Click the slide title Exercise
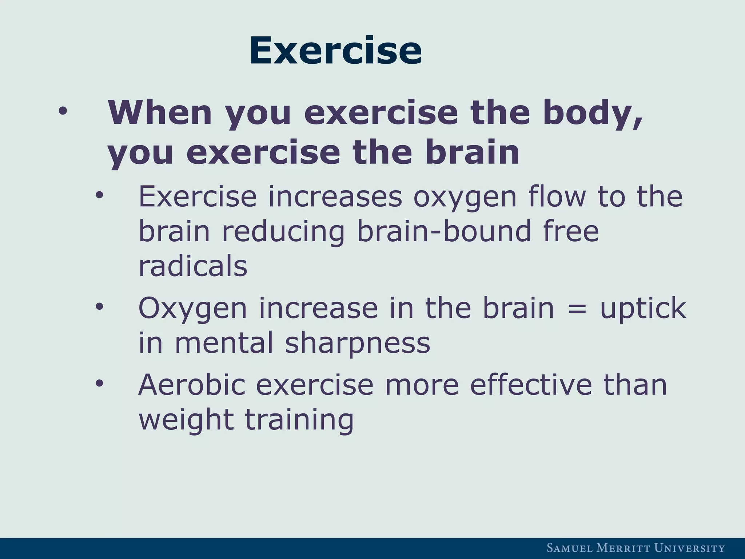pyautogui.click(x=335, y=51)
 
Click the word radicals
pyautogui.click(x=193, y=266)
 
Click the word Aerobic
pyautogui.click(x=192, y=384)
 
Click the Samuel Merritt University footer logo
pyautogui.click(x=636, y=548)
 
